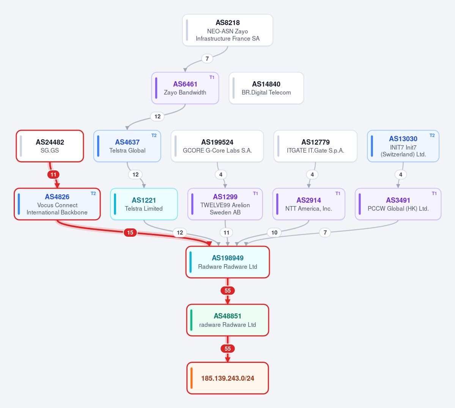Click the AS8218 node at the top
pos(228,30)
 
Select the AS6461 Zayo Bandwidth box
pos(185,88)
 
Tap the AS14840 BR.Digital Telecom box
pos(266,88)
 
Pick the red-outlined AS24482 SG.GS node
pos(50,146)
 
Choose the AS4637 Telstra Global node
pos(127,146)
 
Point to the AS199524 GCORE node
pos(217,146)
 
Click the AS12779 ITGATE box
pos(315,146)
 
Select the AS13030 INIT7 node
pos(403,146)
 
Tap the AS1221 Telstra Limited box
pos(144,204)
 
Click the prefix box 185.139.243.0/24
pos(228,378)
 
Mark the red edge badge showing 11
pos(54,175)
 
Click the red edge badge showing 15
pos(130,232)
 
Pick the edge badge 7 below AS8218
pos(207,58)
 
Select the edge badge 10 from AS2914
pos(274,232)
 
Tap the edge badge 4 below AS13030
pos(401,175)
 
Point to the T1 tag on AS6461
pos(212,77)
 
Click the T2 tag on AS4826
pos(93,194)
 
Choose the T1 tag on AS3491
pos(434,194)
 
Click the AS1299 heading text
pos(225,197)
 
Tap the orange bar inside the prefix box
pos(192,378)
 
